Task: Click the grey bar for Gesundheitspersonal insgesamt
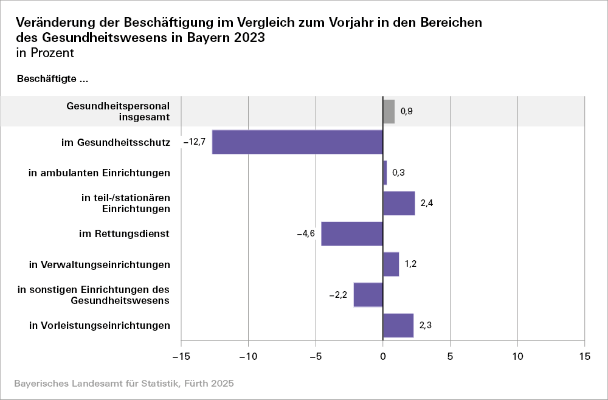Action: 389,112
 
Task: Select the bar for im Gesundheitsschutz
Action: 297,142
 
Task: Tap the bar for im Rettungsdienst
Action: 352,234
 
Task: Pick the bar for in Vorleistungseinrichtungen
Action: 398,325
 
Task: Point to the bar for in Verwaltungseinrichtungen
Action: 391,264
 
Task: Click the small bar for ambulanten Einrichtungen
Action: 385,173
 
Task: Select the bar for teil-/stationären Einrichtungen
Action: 399,203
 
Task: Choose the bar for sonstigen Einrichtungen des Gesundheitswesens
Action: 368,295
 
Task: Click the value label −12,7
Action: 195,142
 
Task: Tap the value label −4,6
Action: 306,234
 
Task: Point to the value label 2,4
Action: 427,203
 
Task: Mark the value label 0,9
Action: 407,112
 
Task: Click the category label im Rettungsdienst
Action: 124,234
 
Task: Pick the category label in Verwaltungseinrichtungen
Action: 100,264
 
